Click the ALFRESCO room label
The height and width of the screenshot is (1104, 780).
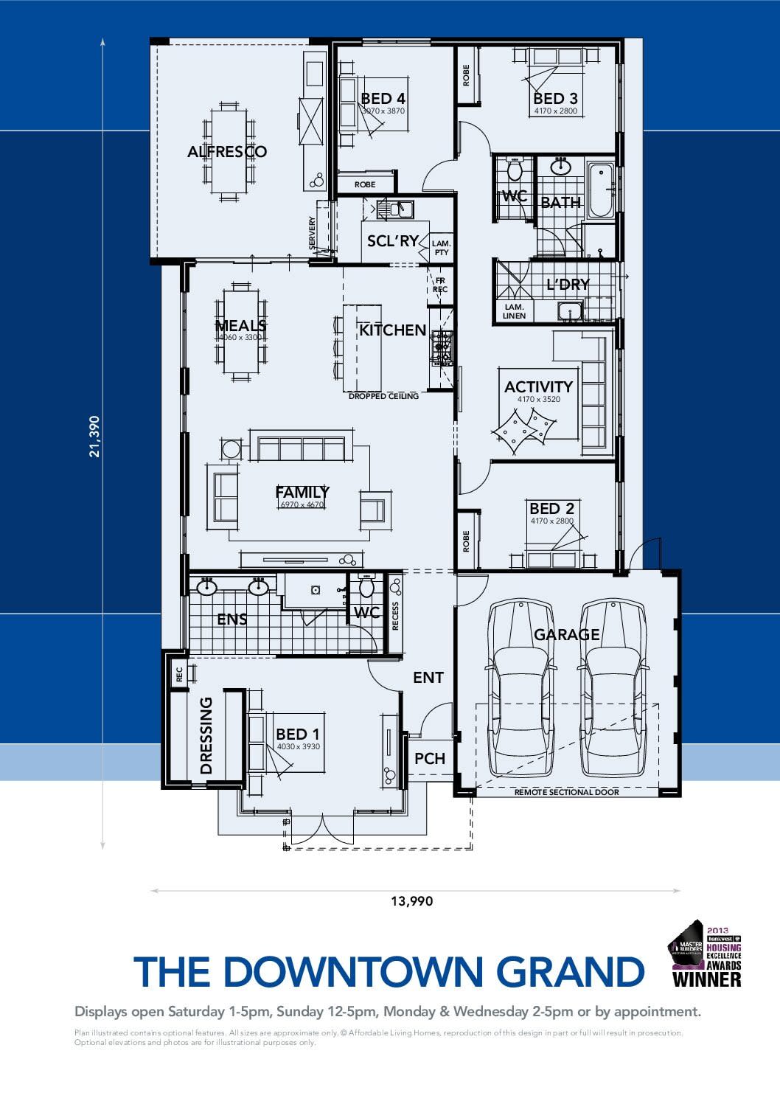coord(226,152)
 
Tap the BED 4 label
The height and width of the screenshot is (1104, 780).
coord(383,99)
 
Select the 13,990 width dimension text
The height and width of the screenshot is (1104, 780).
coord(412,901)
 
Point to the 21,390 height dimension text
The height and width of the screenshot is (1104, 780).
coord(94,437)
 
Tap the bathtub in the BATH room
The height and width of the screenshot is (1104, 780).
coord(601,190)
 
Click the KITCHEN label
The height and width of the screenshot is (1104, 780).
coord(392,330)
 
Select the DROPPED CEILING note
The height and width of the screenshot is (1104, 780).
coord(383,396)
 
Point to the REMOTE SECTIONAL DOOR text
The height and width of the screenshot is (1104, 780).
coord(566,792)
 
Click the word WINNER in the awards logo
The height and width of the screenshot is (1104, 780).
coord(706,979)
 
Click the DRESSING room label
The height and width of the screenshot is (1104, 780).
coord(206,735)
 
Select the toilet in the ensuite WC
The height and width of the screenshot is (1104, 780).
coord(366,588)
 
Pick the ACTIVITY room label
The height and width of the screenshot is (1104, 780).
coord(538,386)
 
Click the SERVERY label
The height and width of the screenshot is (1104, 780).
coord(313,233)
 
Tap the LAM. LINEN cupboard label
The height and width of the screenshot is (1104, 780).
coord(514,311)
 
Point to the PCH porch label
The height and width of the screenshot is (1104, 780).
coord(429,758)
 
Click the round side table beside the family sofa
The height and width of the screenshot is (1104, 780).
coord(231,449)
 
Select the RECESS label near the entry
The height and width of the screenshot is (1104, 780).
coord(395,617)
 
